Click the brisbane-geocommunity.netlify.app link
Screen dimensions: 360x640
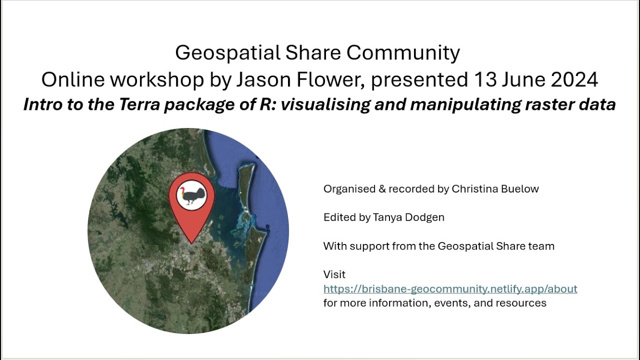(450, 289)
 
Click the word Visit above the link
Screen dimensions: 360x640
(334, 274)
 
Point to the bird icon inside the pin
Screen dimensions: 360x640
(191, 195)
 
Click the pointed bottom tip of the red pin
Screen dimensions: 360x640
(191, 242)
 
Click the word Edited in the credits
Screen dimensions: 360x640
(339, 217)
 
